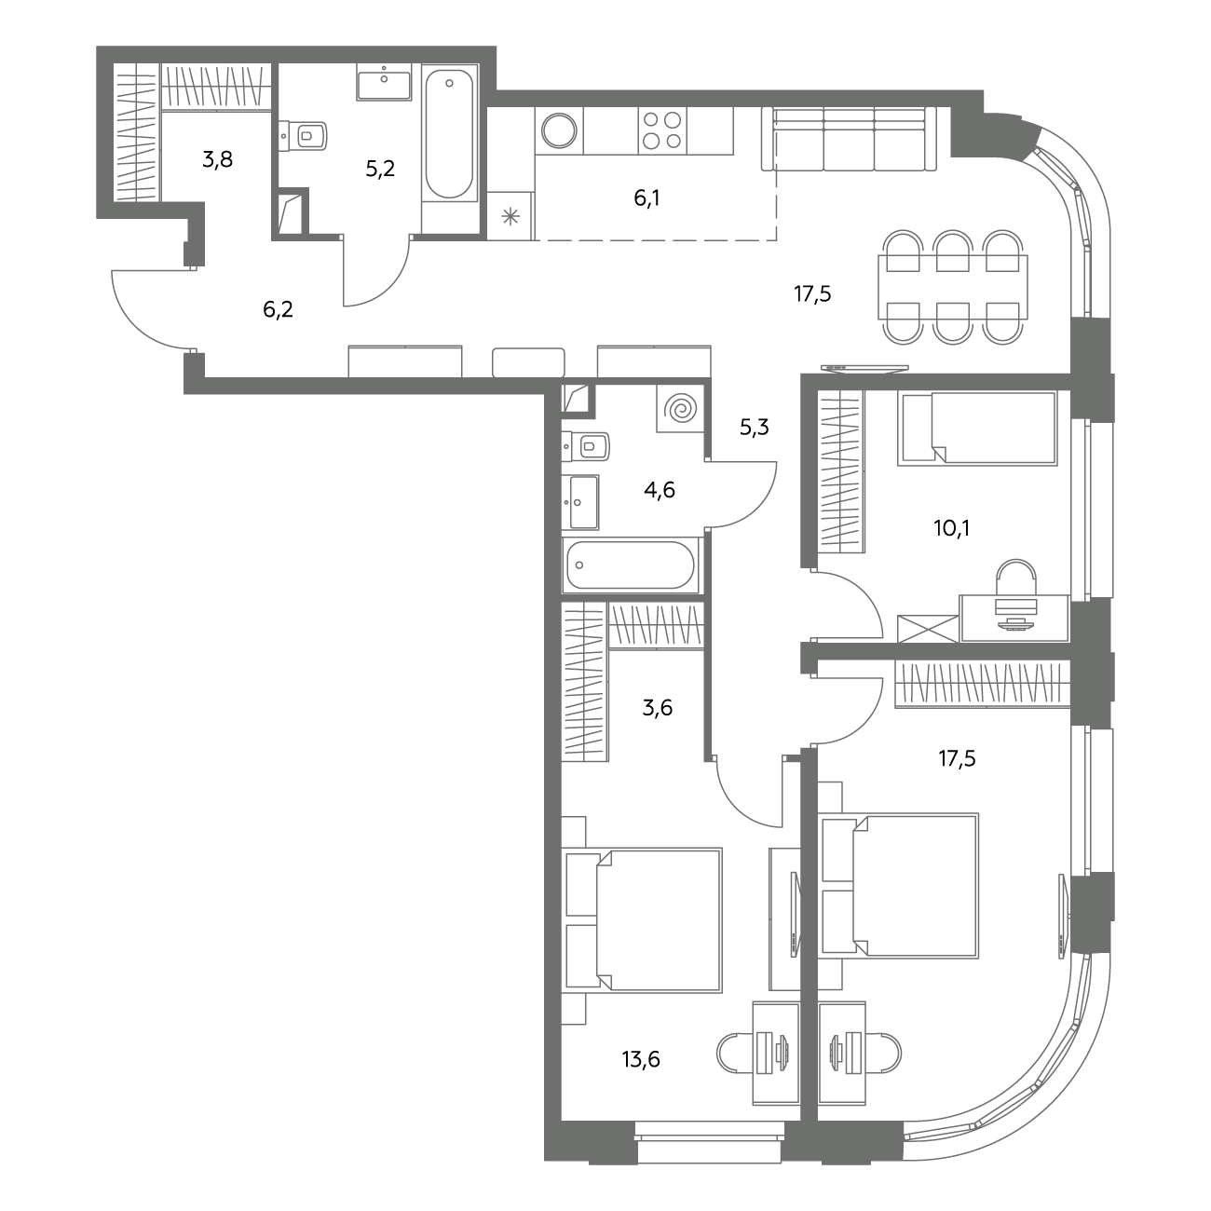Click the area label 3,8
217,159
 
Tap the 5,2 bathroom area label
380,169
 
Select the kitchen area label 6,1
646,198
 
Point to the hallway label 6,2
278,309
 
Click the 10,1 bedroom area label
951,528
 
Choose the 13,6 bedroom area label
641,1059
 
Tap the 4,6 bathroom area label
660,490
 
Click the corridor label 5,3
755,428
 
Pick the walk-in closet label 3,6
658,708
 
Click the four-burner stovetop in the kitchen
662,130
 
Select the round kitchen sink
559,130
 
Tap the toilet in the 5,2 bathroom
303,136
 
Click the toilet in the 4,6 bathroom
586,447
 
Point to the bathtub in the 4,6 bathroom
631,565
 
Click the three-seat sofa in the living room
849,139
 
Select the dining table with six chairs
953,287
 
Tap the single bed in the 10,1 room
977,428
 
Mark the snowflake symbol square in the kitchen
510,217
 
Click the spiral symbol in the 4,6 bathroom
680,409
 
